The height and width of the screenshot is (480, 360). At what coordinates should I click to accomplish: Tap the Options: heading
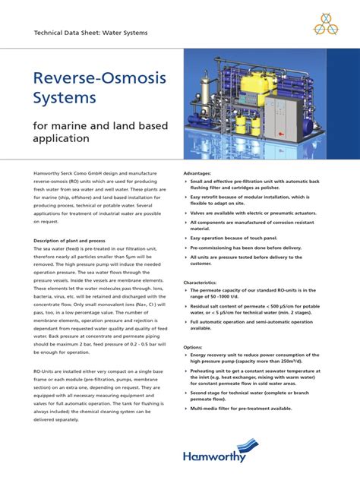coord(194,346)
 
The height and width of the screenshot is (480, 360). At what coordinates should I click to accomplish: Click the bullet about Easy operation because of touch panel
coord(240,237)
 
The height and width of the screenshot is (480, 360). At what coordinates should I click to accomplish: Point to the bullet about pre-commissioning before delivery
coord(248,248)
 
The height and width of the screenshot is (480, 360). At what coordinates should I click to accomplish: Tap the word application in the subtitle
coord(62,140)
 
